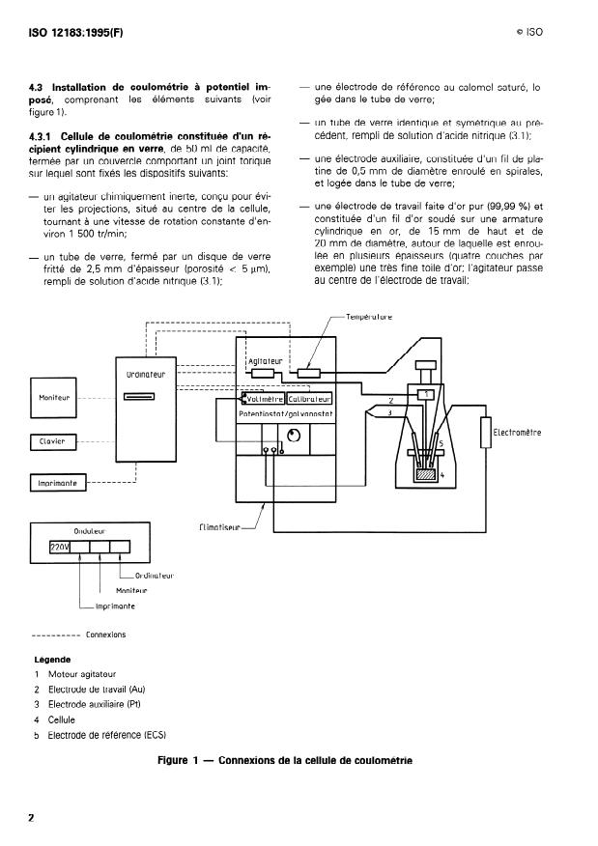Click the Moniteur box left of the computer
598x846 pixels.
tap(53, 398)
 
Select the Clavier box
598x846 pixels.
tap(52, 441)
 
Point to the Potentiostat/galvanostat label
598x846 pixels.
tap(285, 413)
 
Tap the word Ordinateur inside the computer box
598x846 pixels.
tap(145, 374)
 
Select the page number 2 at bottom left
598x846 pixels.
tap(31, 819)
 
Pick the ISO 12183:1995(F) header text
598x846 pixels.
tap(78, 32)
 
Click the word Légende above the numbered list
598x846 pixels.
tap(52, 660)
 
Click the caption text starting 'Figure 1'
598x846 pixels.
tap(284, 760)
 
